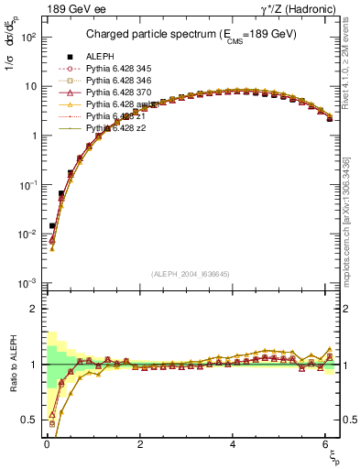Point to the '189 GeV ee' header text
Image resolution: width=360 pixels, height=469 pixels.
coord(71,9)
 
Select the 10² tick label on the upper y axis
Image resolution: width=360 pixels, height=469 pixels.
coord(28,38)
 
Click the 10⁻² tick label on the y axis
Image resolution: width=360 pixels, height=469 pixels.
coord(28,234)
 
